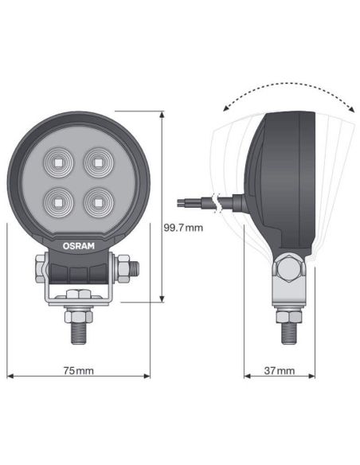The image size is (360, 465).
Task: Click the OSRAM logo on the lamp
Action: [x=78, y=246]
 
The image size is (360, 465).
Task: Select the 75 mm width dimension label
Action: [x=78, y=371]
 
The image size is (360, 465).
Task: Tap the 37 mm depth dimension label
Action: [x=278, y=371]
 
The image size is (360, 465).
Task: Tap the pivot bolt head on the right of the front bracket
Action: [x=126, y=268]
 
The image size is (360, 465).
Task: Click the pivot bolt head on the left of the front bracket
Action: [x=40, y=268]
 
